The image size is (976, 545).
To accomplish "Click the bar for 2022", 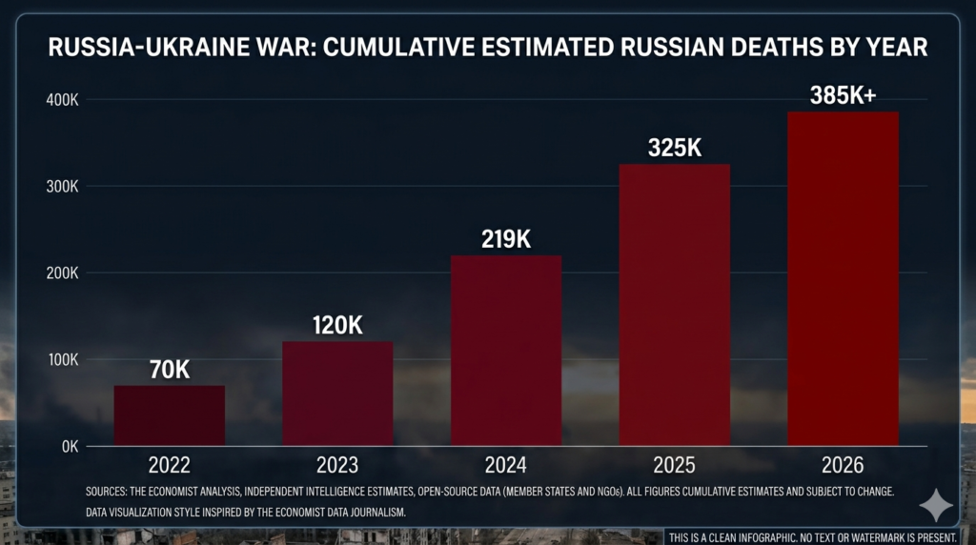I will click(x=170, y=415).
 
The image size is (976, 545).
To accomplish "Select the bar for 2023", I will click(x=337, y=394).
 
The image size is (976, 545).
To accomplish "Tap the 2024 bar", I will click(x=506, y=351).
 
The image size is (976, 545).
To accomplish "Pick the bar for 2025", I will click(x=675, y=305).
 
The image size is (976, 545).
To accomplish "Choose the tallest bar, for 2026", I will click(x=843, y=278).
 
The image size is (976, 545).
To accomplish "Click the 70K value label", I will click(x=170, y=370).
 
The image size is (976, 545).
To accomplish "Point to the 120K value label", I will click(x=337, y=325).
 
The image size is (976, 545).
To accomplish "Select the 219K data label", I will click(x=506, y=238).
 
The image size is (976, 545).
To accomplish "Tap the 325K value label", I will click(x=675, y=148).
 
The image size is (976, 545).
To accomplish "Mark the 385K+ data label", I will click(x=843, y=95).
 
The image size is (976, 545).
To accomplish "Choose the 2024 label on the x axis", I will click(x=506, y=466).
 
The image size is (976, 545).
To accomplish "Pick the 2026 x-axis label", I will click(x=843, y=466).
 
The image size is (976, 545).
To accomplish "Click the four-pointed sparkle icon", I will click(x=935, y=506).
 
